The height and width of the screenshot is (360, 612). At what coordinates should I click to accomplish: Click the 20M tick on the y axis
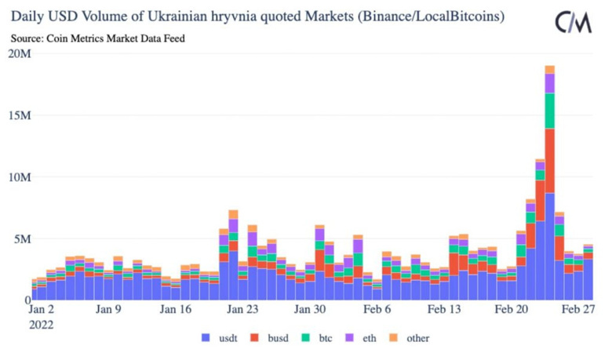pyautogui.click(x=20, y=53)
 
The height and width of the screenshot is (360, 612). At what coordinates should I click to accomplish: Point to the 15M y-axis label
pyautogui.click(x=20, y=115)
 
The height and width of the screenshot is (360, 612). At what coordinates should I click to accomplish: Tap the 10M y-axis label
pyautogui.click(x=20, y=177)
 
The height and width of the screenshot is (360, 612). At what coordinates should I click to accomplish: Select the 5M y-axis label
pyautogui.click(x=22, y=238)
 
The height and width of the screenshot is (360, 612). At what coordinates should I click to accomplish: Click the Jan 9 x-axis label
pyautogui.click(x=108, y=310)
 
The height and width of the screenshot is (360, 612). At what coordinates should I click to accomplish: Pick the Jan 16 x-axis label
pyautogui.click(x=176, y=310)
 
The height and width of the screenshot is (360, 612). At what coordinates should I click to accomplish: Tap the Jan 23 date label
pyautogui.click(x=243, y=310)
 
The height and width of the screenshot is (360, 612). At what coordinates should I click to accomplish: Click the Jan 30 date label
pyautogui.click(x=310, y=310)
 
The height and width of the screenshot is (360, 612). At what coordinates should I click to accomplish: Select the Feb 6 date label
pyautogui.click(x=377, y=310)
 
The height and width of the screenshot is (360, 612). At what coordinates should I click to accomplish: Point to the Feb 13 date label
pyautogui.click(x=444, y=310)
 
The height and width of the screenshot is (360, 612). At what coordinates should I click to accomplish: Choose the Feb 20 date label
pyautogui.click(x=512, y=310)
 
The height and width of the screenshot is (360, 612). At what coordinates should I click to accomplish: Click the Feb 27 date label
pyautogui.click(x=579, y=310)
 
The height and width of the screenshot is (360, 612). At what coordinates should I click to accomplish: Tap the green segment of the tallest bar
pyautogui.click(x=550, y=111)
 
